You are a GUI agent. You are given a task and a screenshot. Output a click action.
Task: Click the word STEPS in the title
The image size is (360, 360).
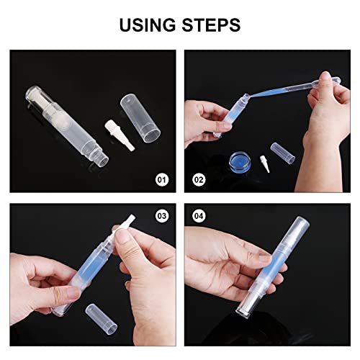[x=209, y=26]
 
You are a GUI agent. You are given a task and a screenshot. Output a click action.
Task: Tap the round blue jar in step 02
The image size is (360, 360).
[x=257, y=156]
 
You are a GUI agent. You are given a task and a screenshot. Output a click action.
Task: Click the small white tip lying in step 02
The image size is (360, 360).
[x=286, y=153]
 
